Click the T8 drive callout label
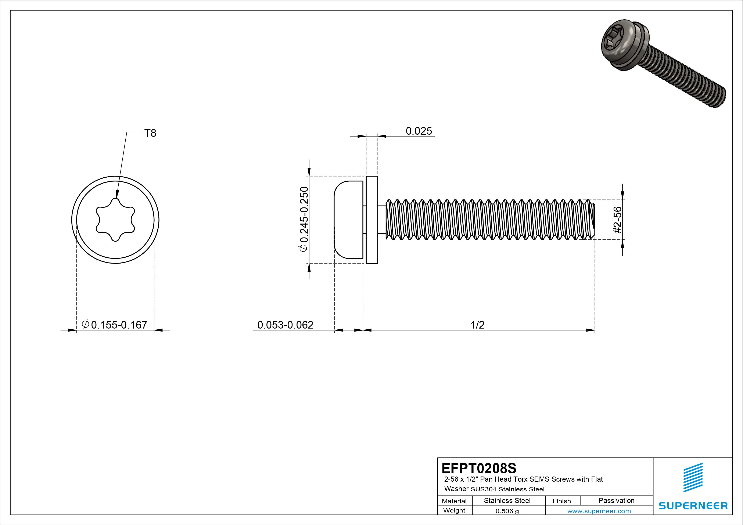(150, 133)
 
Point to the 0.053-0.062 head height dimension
(285, 325)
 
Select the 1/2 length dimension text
(477, 325)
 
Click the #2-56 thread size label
(617, 220)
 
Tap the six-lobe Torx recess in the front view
(115, 220)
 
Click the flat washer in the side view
(372, 220)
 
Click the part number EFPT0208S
(479, 468)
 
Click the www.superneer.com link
(599, 511)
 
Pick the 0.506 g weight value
(507, 511)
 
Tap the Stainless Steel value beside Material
(507, 500)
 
